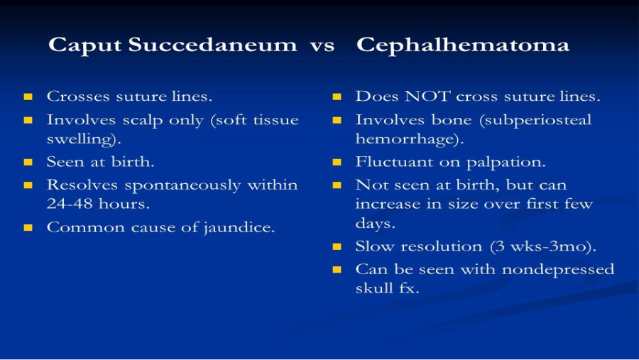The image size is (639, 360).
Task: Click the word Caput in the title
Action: [x=84, y=45]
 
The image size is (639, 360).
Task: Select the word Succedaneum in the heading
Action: [x=213, y=44]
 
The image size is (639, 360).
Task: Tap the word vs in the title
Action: [x=322, y=46]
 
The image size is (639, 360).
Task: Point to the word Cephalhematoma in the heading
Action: [x=462, y=45]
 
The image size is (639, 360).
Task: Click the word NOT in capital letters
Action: [x=427, y=97]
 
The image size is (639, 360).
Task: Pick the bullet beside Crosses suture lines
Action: [x=28, y=97]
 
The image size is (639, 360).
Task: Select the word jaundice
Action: [x=239, y=227]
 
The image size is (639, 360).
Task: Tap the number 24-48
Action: [x=70, y=204]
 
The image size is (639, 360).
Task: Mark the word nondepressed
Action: [x=557, y=269]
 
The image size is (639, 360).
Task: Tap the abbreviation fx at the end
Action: [x=409, y=288]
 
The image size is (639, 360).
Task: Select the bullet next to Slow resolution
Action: [x=337, y=246]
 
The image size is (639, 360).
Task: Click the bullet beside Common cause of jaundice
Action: [x=28, y=227]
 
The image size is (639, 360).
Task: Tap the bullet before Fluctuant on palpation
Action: [x=337, y=163]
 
